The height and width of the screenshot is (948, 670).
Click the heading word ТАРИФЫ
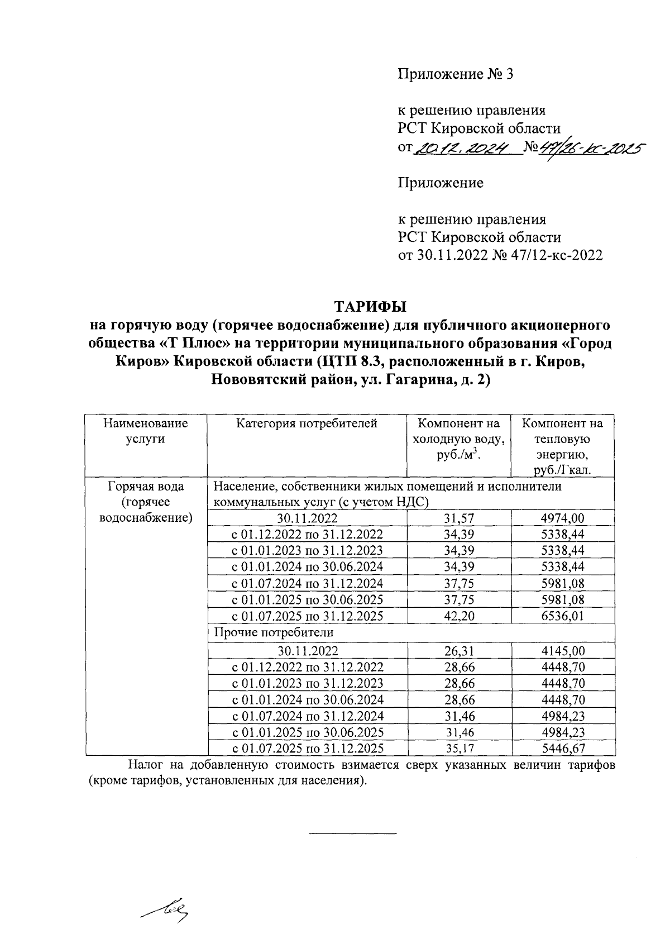(370, 307)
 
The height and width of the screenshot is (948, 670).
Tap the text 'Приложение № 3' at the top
(454, 74)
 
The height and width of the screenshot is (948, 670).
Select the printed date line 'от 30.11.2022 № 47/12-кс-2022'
(500, 255)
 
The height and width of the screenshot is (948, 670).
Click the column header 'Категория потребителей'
(307, 423)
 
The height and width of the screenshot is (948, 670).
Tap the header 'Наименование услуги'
(146, 431)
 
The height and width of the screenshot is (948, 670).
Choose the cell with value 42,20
(459, 616)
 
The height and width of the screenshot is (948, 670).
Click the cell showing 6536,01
(562, 616)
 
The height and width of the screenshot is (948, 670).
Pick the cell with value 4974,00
(562, 518)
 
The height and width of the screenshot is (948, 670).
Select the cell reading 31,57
(459, 518)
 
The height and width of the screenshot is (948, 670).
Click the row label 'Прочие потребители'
(274, 632)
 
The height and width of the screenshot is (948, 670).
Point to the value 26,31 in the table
(459, 651)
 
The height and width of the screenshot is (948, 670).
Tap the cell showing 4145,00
(562, 651)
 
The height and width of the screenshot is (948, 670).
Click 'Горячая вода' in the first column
(146, 487)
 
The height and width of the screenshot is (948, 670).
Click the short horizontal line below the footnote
(352, 834)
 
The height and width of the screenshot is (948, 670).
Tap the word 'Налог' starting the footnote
(146, 765)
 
